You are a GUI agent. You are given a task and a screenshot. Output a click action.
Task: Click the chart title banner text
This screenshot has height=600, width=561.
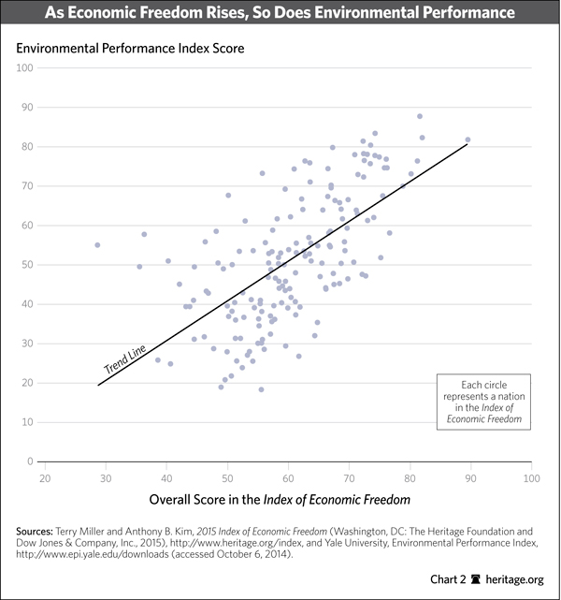click(280, 14)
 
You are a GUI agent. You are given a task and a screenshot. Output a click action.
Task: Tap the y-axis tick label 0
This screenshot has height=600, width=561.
click(31, 461)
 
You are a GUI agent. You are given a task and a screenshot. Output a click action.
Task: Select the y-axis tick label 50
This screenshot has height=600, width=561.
click(28, 265)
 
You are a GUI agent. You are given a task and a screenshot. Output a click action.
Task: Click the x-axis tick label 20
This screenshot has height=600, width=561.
click(44, 478)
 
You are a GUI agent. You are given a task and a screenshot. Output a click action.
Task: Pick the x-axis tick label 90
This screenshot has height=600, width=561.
click(470, 478)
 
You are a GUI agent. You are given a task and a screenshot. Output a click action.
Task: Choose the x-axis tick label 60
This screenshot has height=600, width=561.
click(288, 478)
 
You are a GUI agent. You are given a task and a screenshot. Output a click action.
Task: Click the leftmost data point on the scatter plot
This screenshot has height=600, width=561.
click(97, 245)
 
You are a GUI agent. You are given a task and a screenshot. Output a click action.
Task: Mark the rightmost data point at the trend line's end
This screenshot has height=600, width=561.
click(467, 139)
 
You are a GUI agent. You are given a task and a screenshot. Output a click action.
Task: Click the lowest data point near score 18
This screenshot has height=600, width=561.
click(261, 389)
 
